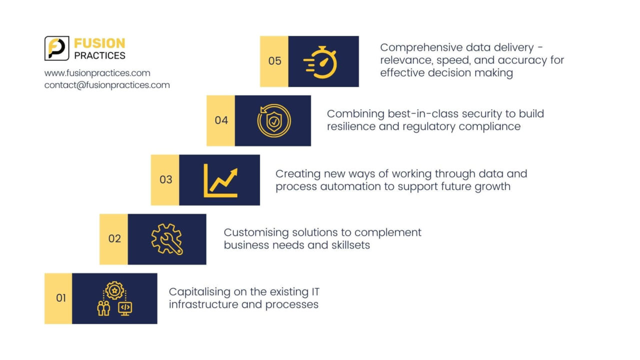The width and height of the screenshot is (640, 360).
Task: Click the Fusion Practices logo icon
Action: pos(56,48)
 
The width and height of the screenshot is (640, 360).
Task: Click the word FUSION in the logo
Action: pos(99,43)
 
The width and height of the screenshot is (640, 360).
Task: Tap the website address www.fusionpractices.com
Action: pos(97,73)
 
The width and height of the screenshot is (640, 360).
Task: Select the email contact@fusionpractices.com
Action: pos(107,85)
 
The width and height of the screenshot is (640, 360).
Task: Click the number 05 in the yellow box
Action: pos(274,61)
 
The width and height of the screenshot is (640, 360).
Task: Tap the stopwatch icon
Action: pos(321,62)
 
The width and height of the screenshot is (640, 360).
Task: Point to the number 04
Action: pos(221,120)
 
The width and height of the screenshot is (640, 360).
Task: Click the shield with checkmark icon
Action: pos(273,121)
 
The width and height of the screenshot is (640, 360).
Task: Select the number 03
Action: pos(165,179)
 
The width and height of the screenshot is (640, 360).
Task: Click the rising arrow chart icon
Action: pos(220,180)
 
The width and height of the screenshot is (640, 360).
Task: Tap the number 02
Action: pos(114,238)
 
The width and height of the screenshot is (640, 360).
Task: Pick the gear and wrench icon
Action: pos(167,239)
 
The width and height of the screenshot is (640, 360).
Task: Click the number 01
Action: pos(60,298)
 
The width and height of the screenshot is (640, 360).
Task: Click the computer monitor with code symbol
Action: pos(125,307)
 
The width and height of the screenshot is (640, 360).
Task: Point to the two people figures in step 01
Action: pos(103,308)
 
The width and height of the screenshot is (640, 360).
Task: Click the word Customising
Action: pos(256,232)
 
